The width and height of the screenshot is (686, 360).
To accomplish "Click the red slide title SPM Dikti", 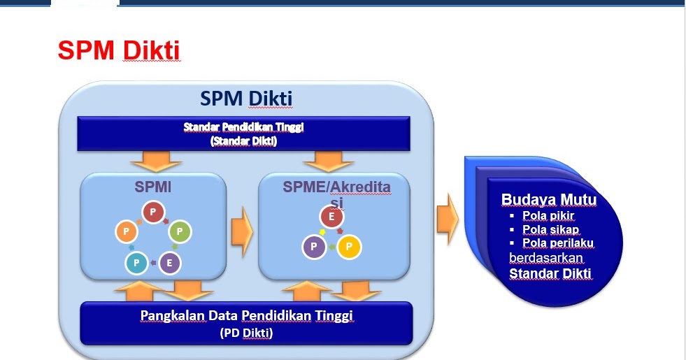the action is click(119, 50).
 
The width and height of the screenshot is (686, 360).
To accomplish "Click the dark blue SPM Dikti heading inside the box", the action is click(246, 99).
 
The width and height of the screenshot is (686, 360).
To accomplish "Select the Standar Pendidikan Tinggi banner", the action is click(243, 134).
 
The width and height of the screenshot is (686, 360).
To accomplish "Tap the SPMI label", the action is click(152, 187).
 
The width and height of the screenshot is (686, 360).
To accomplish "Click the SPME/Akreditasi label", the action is click(336, 193).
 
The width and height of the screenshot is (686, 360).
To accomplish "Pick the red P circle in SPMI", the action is click(153, 212).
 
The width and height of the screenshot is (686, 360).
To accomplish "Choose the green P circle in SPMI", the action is click(180, 231).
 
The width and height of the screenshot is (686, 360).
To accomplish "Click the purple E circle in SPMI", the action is click(169, 264).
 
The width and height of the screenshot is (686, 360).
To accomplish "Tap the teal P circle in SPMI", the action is click(136, 263).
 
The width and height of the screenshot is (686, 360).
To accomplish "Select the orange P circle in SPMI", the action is click(127, 231).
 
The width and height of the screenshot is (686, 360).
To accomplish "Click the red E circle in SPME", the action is click(331, 217).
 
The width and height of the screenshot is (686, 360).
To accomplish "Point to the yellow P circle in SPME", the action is click(349, 247).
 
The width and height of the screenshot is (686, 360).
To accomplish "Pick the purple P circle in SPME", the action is click(314, 247).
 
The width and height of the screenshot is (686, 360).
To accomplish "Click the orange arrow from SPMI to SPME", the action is click(242, 231).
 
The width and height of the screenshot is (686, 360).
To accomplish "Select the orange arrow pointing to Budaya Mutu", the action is click(448, 219).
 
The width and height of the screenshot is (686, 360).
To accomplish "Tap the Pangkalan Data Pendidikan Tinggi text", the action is click(246, 315).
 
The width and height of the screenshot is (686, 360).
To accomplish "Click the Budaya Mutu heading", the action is click(549, 199).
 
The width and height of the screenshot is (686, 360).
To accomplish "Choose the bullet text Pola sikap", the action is click(551, 230).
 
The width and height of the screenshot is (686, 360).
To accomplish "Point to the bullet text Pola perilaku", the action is click(558, 243).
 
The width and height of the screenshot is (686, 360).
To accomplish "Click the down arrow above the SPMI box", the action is click(156, 161).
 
